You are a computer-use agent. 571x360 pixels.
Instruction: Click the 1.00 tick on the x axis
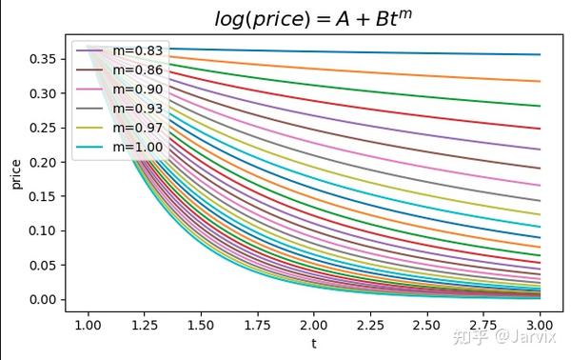pyautogui.click(x=88, y=325)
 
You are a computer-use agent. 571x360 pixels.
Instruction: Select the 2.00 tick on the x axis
pyautogui.click(x=313, y=325)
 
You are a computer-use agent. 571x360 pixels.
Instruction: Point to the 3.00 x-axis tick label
pyautogui.click(x=539, y=325)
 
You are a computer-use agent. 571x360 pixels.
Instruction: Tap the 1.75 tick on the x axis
pyautogui.click(x=257, y=325)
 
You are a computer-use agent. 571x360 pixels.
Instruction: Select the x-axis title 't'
pyautogui.click(x=313, y=343)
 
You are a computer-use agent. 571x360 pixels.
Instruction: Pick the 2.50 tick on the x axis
pyautogui.click(x=426, y=325)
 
